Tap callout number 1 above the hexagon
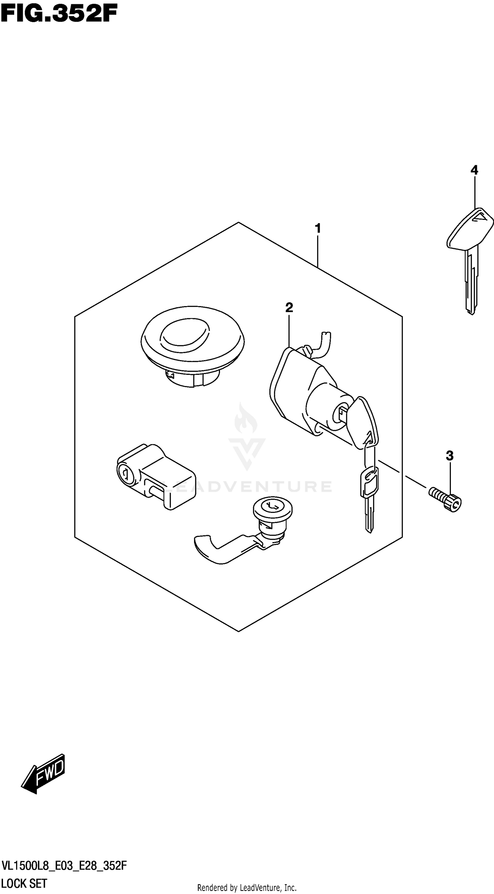click(317, 229)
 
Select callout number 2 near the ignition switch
click(289, 307)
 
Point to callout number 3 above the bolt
click(450, 456)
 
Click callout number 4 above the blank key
click(474, 170)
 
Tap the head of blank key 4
click(469, 229)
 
